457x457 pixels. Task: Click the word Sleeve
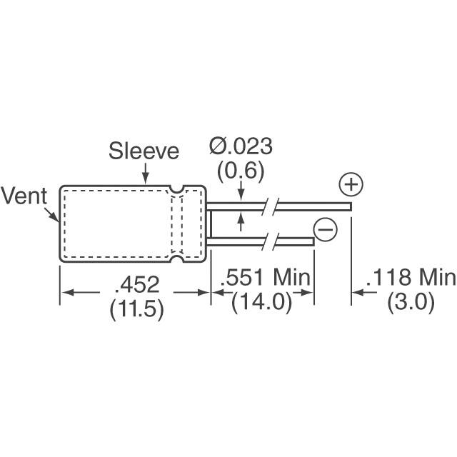point(144,151)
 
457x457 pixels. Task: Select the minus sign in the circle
point(325,229)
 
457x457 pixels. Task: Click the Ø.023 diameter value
point(241,147)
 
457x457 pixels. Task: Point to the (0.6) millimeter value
point(241,171)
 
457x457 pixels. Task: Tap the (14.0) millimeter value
point(261,302)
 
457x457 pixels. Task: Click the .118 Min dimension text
point(410,278)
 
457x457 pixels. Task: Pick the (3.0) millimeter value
point(411,302)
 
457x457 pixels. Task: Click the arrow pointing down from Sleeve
point(146,174)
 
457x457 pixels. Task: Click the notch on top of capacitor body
point(176,189)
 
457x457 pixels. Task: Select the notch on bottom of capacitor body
point(176,261)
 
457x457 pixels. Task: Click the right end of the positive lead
point(350,206)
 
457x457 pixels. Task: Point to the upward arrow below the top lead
point(241,221)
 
